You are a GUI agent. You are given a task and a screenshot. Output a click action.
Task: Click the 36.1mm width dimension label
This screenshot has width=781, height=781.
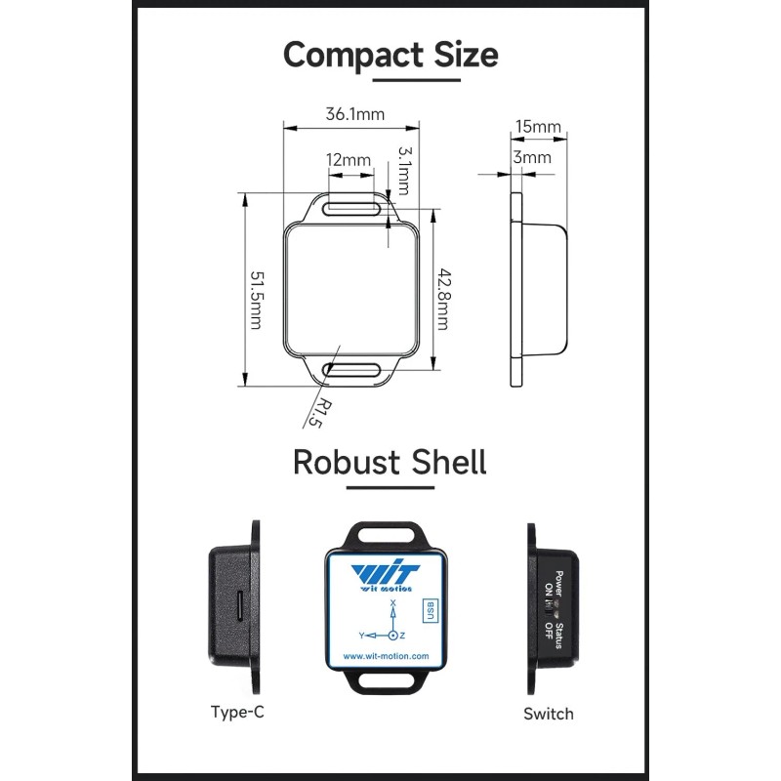tap(355, 114)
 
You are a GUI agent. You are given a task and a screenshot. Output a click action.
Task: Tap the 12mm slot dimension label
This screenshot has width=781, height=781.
tap(349, 159)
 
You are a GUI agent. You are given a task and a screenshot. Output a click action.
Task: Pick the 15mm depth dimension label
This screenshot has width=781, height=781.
tap(537, 126)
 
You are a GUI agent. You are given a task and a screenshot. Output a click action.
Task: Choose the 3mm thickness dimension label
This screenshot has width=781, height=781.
tap(532, 156)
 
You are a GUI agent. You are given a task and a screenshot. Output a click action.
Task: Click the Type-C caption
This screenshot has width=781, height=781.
tap(237, 711)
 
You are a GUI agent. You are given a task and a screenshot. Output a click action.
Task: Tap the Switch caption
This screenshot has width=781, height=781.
tap(549, 713)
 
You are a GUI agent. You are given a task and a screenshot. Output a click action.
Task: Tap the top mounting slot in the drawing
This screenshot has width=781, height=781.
tap(353, 207)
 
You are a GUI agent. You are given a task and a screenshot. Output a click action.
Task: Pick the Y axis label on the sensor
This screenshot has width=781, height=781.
tap(362, 635)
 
